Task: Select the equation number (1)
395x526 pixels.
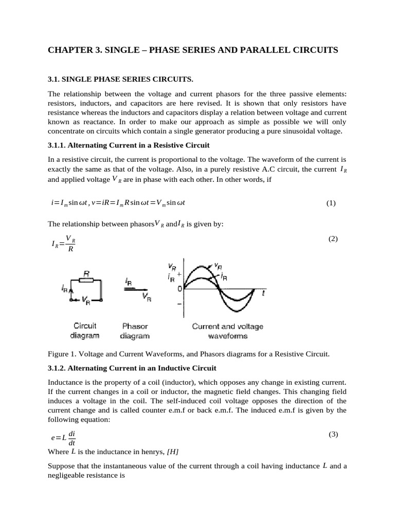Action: coord(331,203)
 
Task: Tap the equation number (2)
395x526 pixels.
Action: coord(333,239)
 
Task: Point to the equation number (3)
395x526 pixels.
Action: coord(333,434)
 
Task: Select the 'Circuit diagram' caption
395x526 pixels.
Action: coord(85,331)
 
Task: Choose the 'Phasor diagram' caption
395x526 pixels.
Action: coord(134,331)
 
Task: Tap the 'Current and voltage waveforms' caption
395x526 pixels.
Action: coord(227,331)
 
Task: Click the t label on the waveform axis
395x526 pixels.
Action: coord(263,293)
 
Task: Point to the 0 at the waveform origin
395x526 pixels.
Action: coord(179,289)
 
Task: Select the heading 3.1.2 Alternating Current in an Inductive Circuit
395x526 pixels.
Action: coord(132,368)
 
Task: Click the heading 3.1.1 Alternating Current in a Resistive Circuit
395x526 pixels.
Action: coord(128,145)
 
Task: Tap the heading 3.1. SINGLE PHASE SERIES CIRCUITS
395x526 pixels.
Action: coord(120,79)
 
